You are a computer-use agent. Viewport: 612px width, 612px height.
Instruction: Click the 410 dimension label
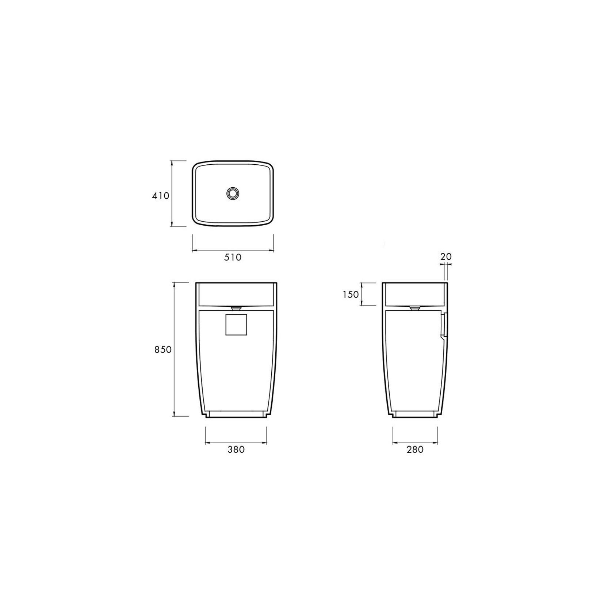click(x=161, y=196)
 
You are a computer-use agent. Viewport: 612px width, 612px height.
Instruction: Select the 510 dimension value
click(x=233, y=257)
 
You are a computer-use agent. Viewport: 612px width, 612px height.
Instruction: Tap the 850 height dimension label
click(x=163, y=350)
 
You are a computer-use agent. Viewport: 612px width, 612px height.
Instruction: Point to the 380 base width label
click(x=236, y=450)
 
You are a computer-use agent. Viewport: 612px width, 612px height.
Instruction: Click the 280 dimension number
click(x=415, y=450)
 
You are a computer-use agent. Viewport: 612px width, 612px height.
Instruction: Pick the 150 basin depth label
click(x=351, y=294)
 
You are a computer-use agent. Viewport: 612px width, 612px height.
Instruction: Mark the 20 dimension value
click(x=446, y=257)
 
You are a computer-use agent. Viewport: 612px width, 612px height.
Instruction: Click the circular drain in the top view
click(x=233, y=194)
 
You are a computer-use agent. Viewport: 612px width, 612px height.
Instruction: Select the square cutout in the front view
click(x=236, y=325)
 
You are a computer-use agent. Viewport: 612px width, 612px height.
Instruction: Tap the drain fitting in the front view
click(x=236, y=307)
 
